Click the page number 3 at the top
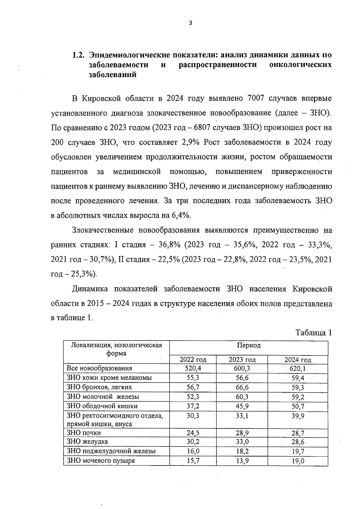pyautogui.click(x=190, y=23)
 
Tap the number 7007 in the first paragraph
pyautogui.click(x=256, y=99)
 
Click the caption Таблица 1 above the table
pyautogui.click(x=313, y=333)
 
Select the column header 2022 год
pyautogui.click(x=193, y=360)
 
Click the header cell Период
pyautogui.click(x=249, y=345)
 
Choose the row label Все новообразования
pyautogui.click(x=99, y=368)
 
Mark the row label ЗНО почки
pyautogui.click(x=84, y=433)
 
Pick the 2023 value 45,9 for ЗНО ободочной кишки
pyautogui.click(x=242, y=407)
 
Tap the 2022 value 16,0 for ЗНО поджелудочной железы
pyautogui.click(x=193, y=451)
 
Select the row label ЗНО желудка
pyautogui.click(x=87, y=442)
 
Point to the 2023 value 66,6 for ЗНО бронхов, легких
pyautogui.click(x=242, y=388)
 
